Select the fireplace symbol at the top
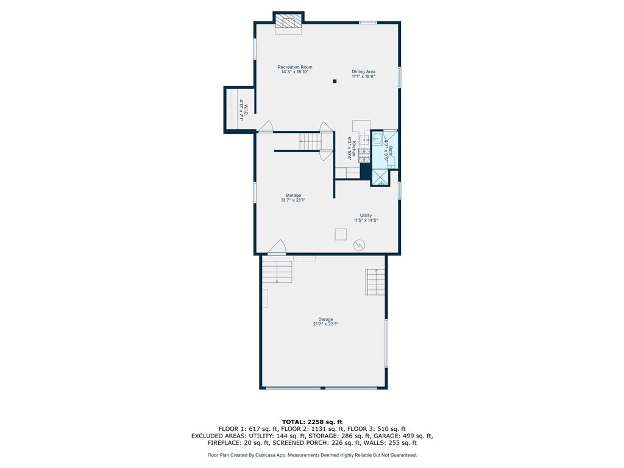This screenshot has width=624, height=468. click(288, 22)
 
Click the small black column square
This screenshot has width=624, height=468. click(335, 81)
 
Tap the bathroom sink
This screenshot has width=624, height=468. click(377, 139)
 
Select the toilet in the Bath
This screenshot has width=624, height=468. click(392, 161)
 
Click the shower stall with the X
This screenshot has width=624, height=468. click(380, 177)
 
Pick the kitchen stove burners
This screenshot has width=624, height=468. click(364, 155)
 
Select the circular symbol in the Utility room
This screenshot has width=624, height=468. click(359, 246)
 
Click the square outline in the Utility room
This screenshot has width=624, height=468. click(341, 235)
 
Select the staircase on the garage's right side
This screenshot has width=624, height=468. click(375, 282)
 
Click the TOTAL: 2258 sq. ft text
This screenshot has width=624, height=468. click(312, 422)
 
